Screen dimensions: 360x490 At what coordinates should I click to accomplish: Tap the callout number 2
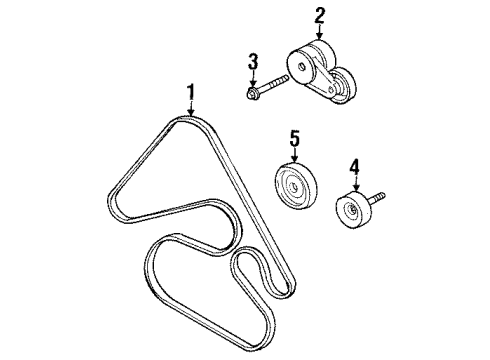(x=320, y=15)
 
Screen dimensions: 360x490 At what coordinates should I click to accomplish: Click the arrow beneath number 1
(x=190, y=112)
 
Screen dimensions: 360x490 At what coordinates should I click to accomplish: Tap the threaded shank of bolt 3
(x=276, y=83)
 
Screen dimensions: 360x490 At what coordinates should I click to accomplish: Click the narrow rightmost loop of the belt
(x=249, y=270)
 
